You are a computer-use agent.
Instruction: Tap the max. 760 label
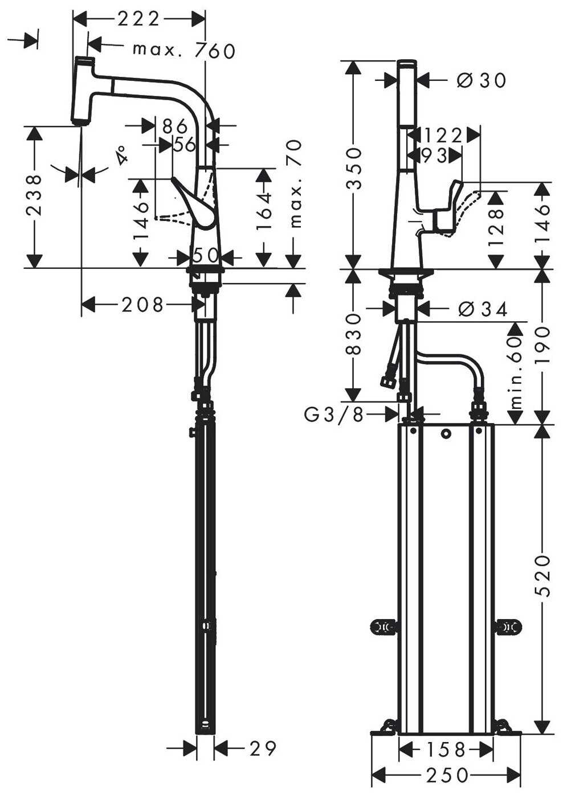[x=184, y=50]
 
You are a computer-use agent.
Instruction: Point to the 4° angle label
[x=122, y=156]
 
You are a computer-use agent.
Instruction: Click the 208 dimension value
[x=142, y=305]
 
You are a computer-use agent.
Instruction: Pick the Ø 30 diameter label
[x=482, y=80]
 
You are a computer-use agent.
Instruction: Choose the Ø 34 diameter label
[x=483, y=310]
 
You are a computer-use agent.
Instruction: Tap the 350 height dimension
[x=353, y=169]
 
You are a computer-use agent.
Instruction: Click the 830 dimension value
[x=353, y=334]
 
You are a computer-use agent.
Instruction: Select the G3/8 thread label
[x=333, y=414]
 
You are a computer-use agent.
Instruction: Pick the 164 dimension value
[x=264, y=210]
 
